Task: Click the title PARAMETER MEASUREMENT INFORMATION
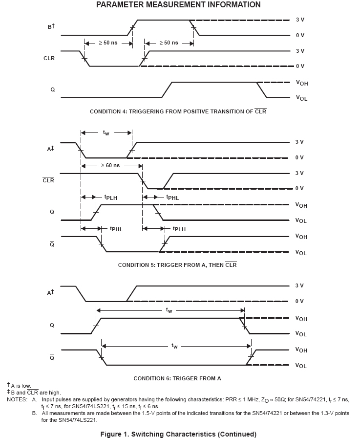(x=178, y=5)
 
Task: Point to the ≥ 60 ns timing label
(x=110, y=165)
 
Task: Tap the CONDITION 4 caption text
(x=178, y=111)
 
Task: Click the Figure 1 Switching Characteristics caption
(x=178, y=434)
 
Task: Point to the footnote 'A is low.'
(x=21, y=386)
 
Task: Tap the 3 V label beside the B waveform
(x=299, y=20)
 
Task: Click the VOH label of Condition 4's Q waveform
(x=301, y=83)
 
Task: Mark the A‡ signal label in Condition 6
(x=50, y=293)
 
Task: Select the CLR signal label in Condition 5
(x=48, y=180)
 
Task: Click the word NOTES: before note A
(x=17, y=399)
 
